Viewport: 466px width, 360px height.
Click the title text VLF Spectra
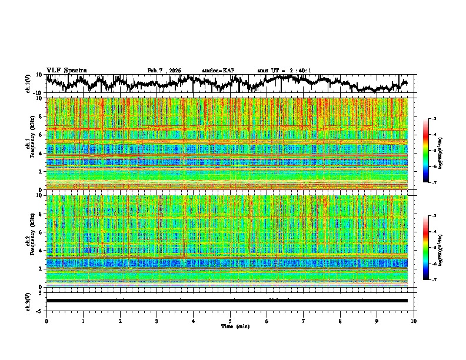click(x=66, y=70)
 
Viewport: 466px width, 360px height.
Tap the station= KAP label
click(x=218, y=71)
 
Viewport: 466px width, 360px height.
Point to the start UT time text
click(x=284, y=71)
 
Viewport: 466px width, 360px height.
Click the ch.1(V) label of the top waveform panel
click(x=28, y=84)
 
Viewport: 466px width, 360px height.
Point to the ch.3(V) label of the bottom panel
click(x=28, y=300)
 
